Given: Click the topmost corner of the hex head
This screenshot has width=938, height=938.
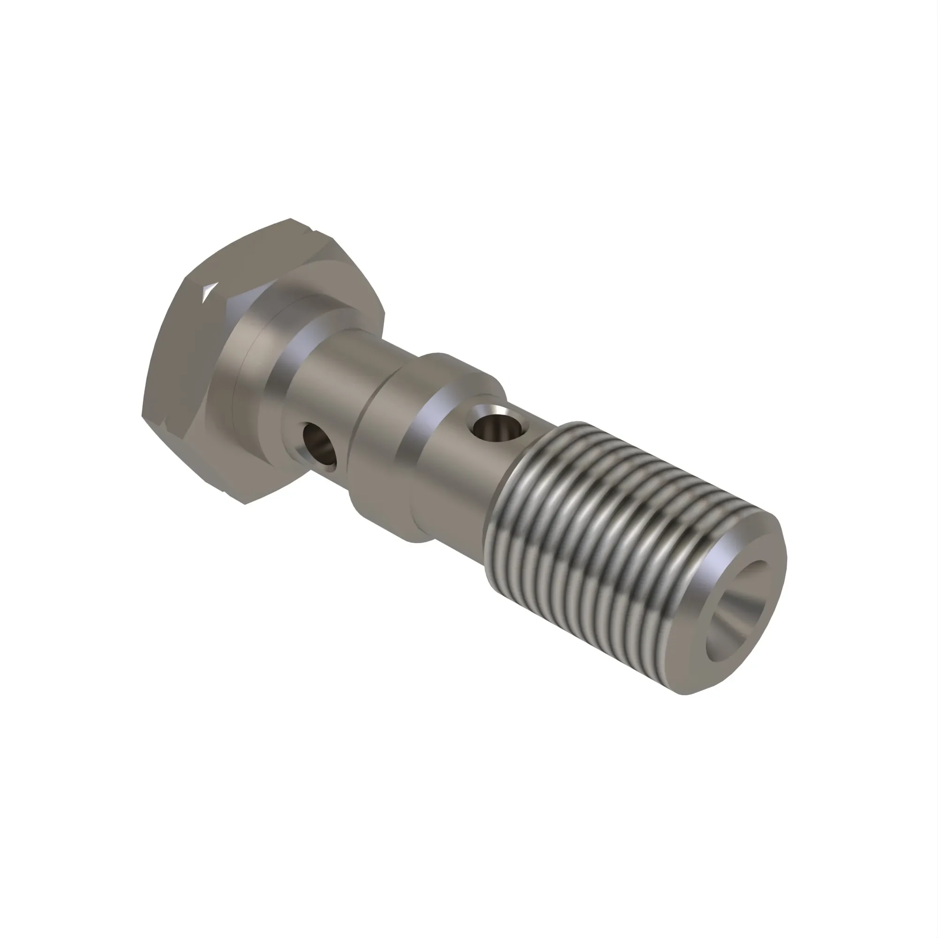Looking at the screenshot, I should pos(291,219).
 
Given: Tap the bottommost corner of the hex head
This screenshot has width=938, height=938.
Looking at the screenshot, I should pos(246,503).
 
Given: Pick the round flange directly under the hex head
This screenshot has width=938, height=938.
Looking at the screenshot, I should pos(243,388).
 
